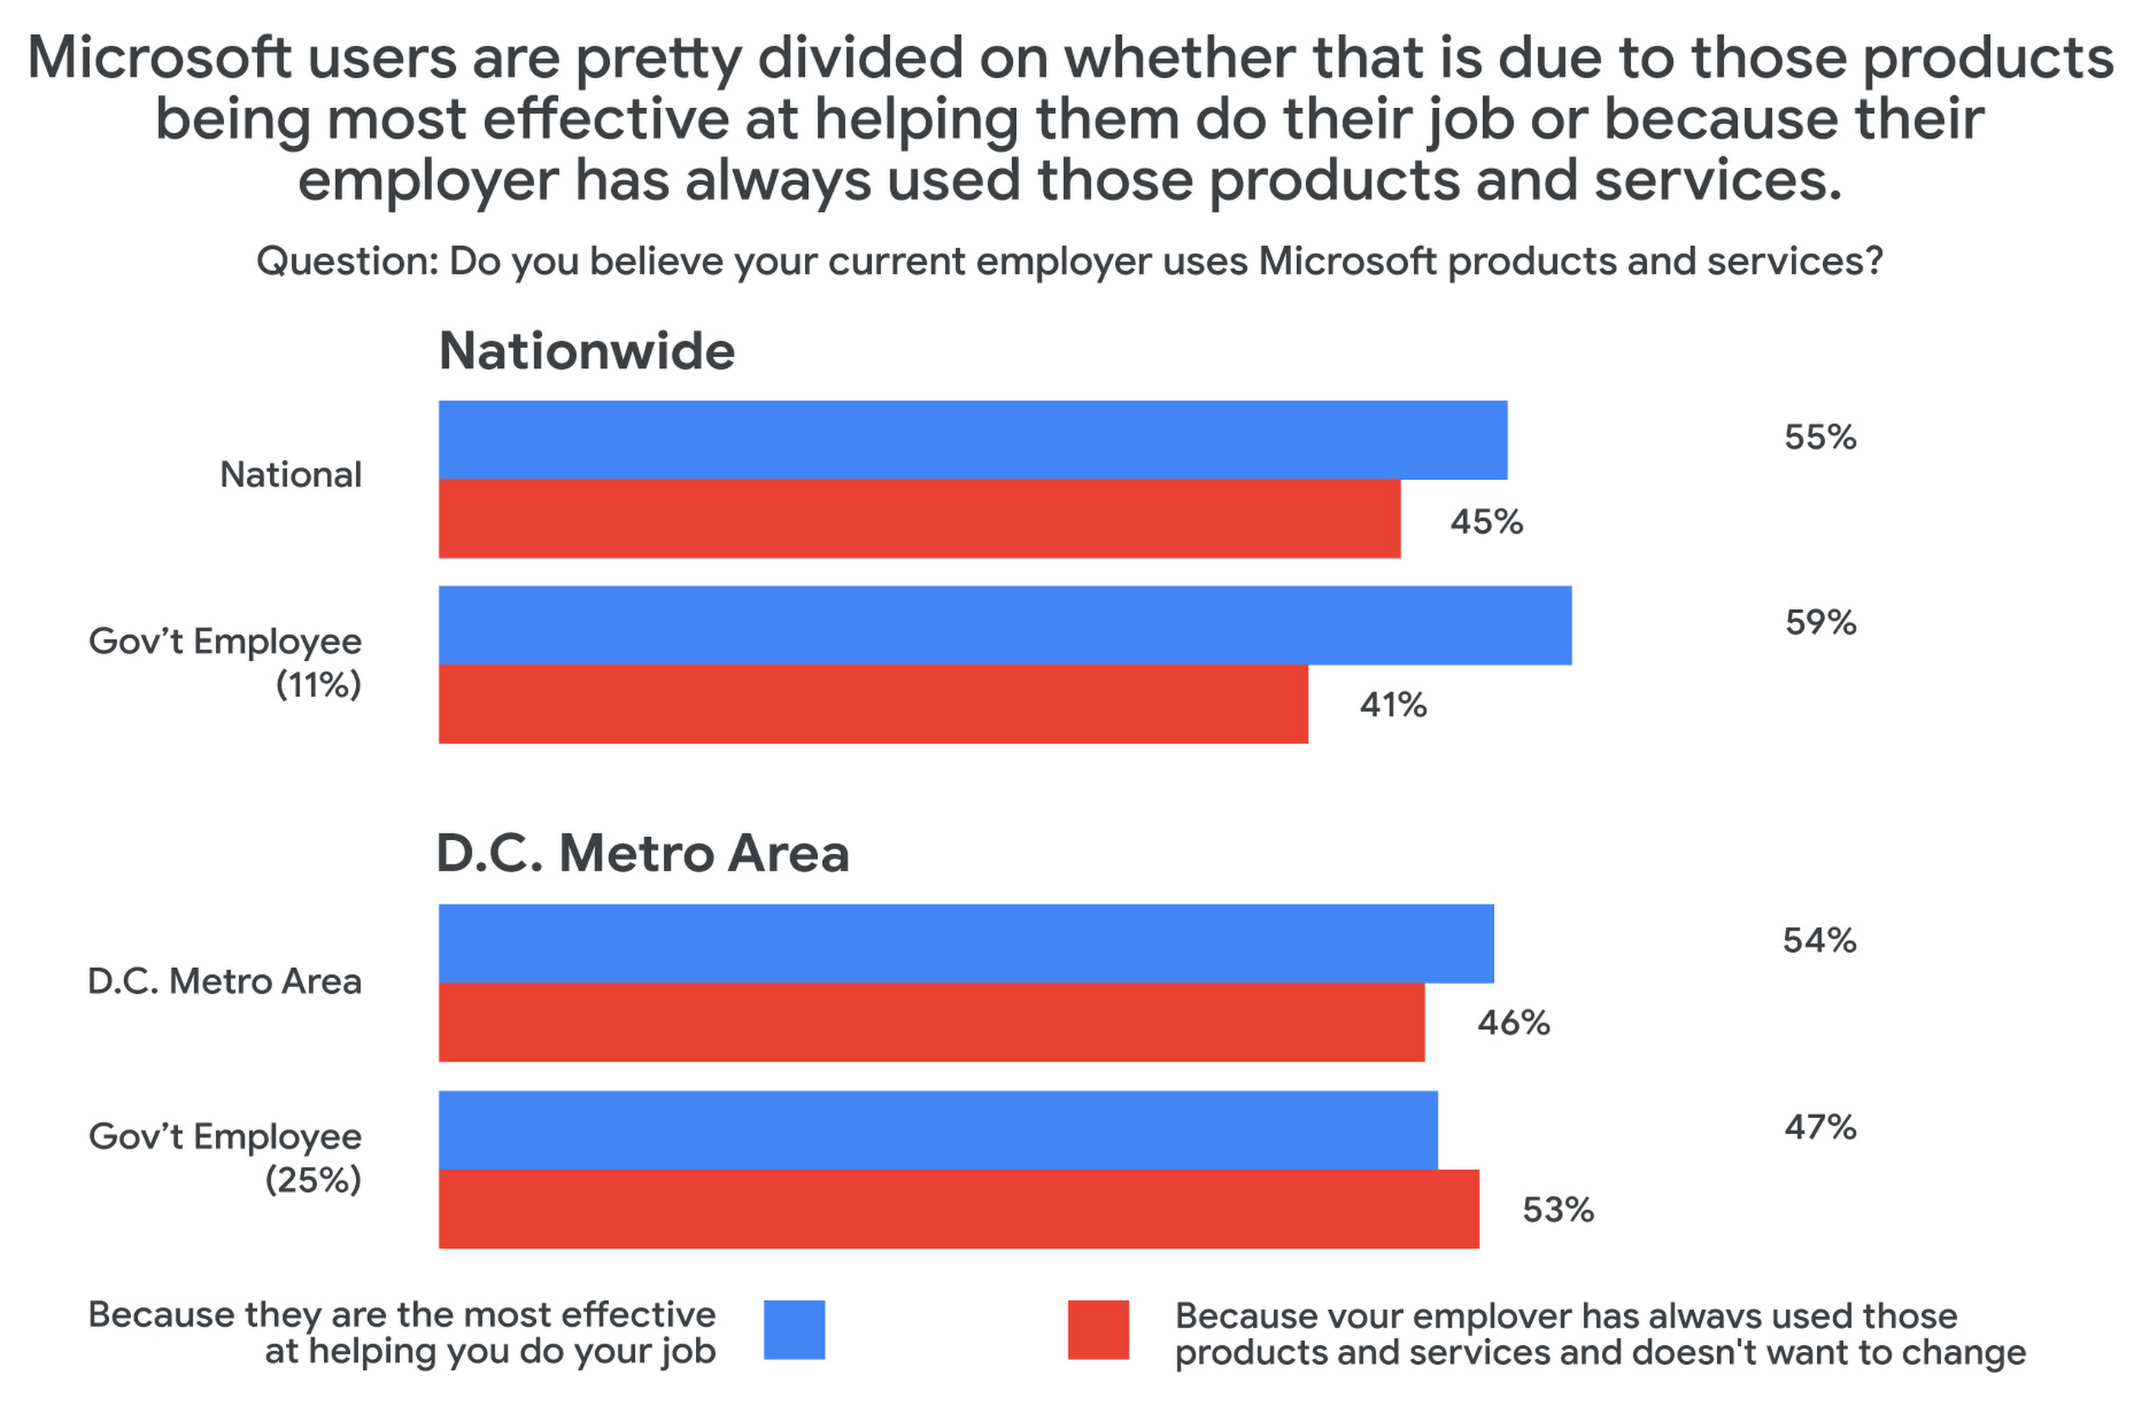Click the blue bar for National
pos(972,439)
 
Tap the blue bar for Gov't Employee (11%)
pos(1005,625)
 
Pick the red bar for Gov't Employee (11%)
pos(873,704)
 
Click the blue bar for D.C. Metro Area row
pos(966,944)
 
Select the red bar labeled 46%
pos(931,1022)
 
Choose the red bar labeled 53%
pos(958,1209)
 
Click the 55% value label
pos(1819,438)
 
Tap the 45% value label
pos(1485,522)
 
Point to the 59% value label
pos(1820,622)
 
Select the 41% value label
pos(1392,706)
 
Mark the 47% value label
pos(1819,1127)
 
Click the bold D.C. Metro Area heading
pos(642,853)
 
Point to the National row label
pos(290,475)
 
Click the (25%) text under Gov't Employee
pos(312,1180)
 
